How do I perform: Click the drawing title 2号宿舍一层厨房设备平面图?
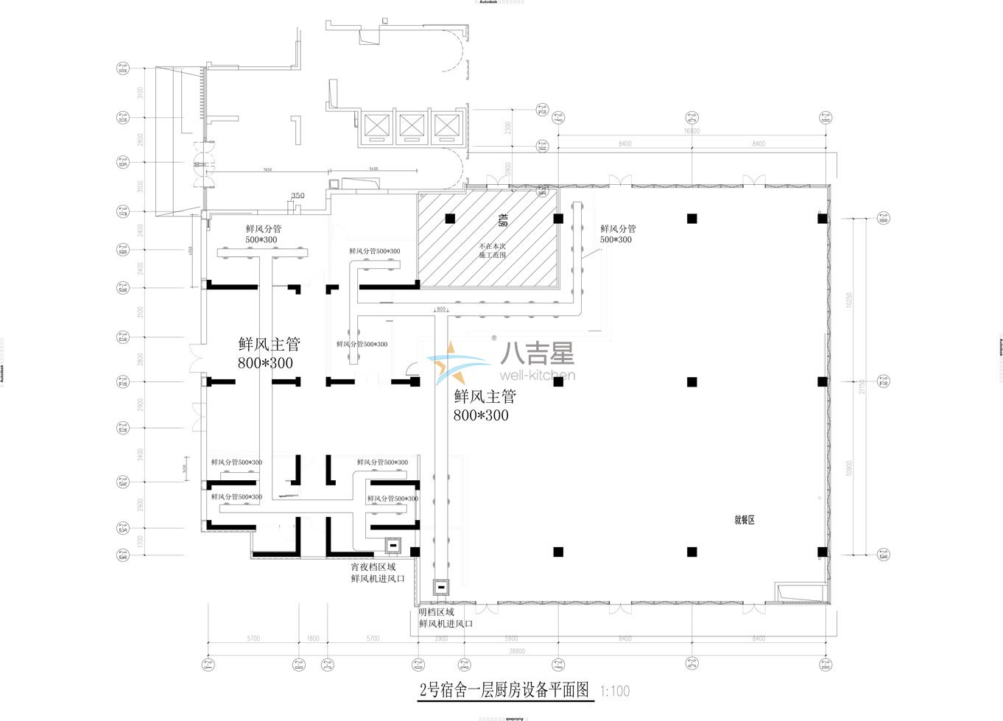(504, 690)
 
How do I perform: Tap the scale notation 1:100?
(615, 692)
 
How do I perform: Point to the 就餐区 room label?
(745, 520)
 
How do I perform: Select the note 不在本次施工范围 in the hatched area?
(493, 250)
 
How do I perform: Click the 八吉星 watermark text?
(537, 355)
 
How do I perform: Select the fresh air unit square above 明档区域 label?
(442, 587)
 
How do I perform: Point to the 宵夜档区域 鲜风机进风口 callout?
(377, 573)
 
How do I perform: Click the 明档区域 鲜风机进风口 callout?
(445, 618)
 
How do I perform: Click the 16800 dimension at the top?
(691, 131)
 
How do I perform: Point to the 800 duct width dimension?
(441, 309)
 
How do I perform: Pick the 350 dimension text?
(298, 196)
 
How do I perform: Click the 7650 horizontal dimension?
(267, 169)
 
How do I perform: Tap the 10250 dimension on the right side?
(849, 300)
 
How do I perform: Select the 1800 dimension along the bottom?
(313, 639)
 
